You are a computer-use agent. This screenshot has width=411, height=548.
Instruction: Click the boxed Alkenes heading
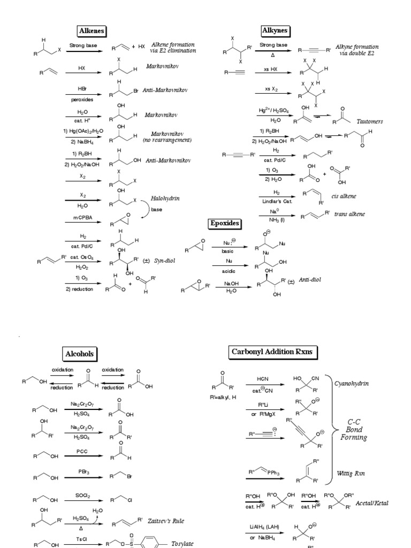click(x=92, y=31)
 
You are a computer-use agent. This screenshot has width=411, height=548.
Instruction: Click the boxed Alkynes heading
click(x=276, y=30)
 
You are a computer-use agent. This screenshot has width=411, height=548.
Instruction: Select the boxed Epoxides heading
click(x=225, y=223)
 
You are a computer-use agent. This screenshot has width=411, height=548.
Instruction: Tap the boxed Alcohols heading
click(x=79, y=353)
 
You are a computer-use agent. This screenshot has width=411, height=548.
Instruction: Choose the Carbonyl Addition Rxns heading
click(x=273, y=352)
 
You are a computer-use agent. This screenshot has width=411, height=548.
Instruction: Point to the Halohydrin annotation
click(x=165, y=198)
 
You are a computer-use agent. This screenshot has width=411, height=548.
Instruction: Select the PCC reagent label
click(x=82, y=452)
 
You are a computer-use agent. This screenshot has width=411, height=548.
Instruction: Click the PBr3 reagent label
click(x=82, y=471)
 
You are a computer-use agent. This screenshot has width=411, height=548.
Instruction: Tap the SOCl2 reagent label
click(x=82, y=495)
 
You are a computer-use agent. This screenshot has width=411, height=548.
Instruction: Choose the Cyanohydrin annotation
click(x=351, y=384)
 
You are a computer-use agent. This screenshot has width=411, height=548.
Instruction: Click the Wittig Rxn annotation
click(x=351, y=473)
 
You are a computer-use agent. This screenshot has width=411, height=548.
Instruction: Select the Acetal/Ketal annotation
click(x=374, y=504)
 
